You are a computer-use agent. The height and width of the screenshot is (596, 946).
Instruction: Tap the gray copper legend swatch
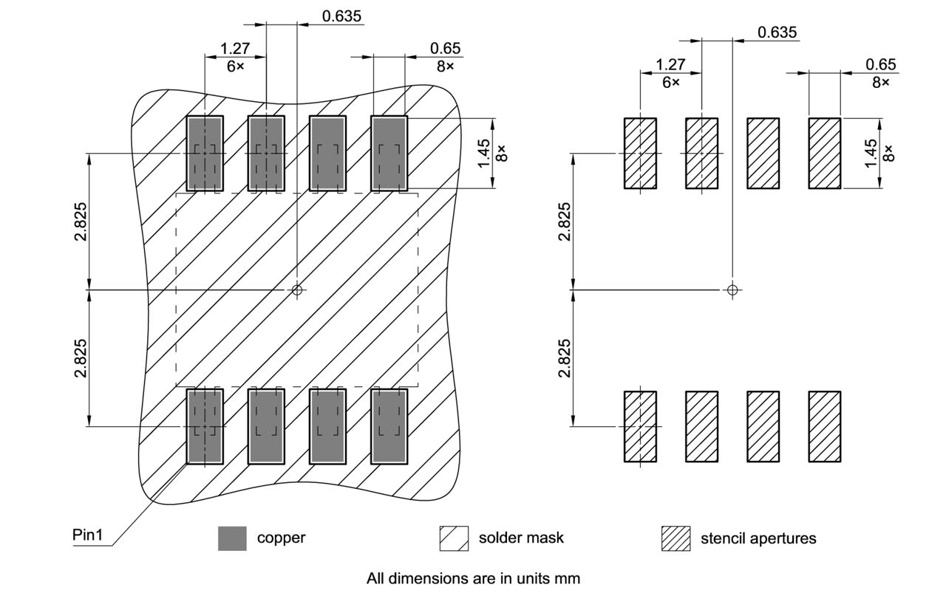[232, 538]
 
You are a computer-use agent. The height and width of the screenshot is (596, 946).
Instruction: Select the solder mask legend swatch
[454, 538]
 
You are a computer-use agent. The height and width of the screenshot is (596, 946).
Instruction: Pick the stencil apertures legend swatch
[676, 538]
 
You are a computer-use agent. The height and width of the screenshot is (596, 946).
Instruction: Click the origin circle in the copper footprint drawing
[297, 290]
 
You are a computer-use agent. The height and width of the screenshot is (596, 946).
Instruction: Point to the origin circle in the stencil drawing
[732, 290]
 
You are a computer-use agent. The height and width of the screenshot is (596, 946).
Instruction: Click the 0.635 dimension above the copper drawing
[342, 16]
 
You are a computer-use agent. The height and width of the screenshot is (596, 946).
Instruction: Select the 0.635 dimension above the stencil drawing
[777, 32]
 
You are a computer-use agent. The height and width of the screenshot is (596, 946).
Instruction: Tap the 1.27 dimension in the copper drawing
[235, 49]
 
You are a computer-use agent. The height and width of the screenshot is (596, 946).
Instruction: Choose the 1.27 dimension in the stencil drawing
[670, 65]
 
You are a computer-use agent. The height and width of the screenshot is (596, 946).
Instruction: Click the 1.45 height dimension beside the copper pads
[485, 154]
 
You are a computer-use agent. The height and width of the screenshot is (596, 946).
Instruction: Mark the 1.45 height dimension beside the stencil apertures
[871, 153]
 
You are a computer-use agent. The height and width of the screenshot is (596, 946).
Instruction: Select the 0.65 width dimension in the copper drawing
[445, 49]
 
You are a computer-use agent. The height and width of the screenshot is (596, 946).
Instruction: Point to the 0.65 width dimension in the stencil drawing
[880, 65]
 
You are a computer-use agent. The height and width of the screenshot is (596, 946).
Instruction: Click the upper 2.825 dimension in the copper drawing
[82, 222]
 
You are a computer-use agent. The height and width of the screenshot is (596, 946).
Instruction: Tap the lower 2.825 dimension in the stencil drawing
[565, 358]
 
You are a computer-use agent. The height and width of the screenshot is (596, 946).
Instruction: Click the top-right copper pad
[389, 153]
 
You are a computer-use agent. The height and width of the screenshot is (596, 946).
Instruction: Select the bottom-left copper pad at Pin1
[204, 427]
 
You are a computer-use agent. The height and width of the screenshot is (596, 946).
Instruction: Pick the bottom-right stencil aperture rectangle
[824, 427]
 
